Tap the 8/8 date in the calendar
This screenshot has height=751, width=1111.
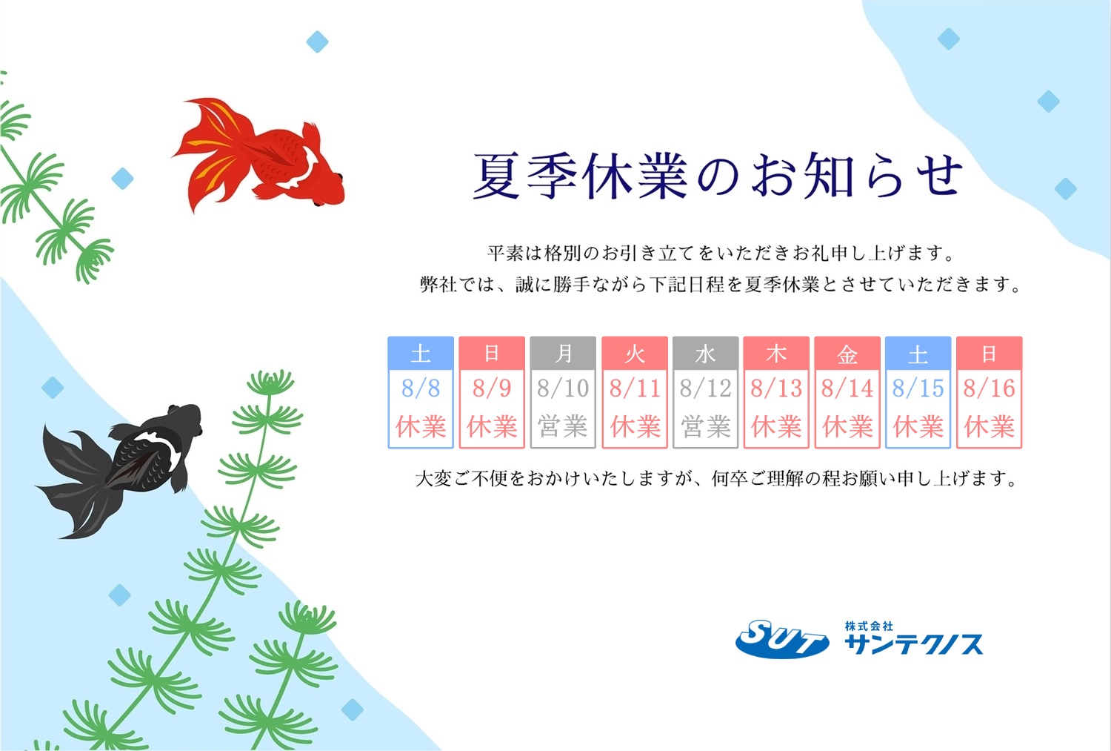(x=421, y=388)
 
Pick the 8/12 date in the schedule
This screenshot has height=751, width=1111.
(x=705, y=388)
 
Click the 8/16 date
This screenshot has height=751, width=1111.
(x=989, y=388)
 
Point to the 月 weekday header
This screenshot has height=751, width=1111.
(x=563, y=354)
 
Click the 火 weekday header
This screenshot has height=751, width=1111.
(x=635, y=354)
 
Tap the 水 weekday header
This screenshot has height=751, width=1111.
(x=705, y=354)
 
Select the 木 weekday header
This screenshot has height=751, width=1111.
(x=776, y=354)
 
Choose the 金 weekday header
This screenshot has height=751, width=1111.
(x=847, y=354)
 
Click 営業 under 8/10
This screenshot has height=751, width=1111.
(x=563, y=426)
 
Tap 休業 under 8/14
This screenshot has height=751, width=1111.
(x=847, y=426)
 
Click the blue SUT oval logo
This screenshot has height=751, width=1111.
(x=782, y=639)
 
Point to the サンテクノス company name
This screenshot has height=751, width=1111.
(x=913, y=644)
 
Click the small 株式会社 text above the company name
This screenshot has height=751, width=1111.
(x=869, y=626)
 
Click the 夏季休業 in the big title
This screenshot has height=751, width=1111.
(x=580, y=176)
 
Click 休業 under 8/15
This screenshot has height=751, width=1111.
(x=918, y=426)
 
